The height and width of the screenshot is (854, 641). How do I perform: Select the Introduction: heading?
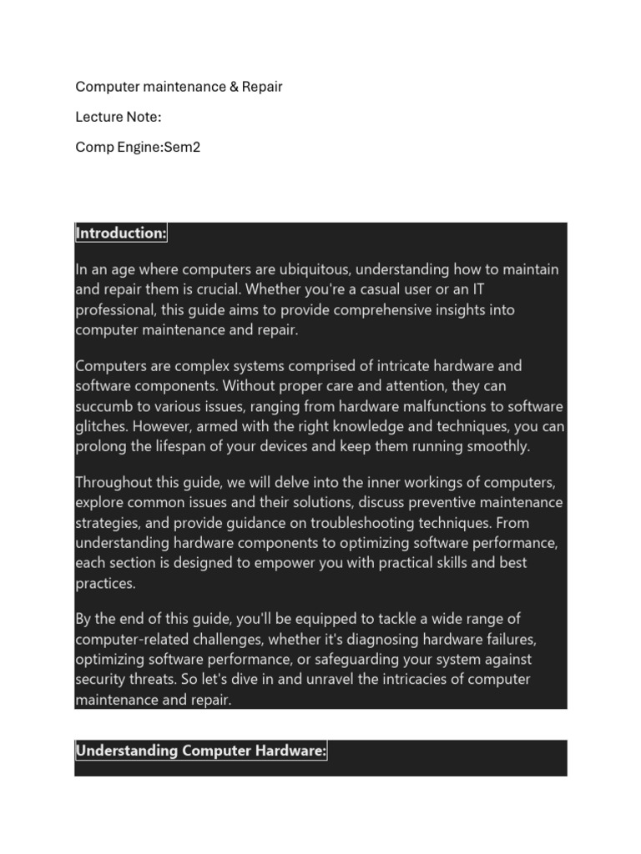click(x=121, y=234)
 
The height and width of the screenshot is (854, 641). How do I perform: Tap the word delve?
click(x=301, y=483)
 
